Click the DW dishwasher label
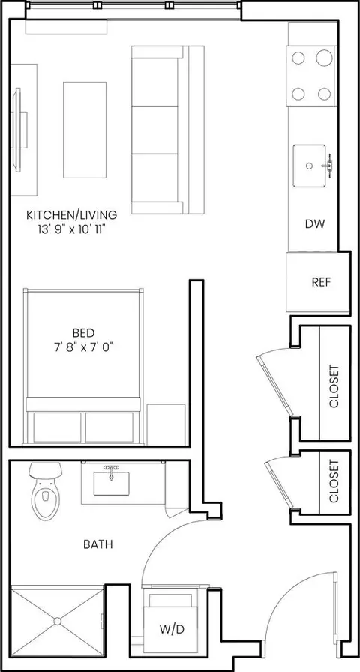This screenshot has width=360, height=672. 315,223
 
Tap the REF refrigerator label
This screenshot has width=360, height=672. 322,282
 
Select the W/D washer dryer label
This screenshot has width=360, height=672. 172,629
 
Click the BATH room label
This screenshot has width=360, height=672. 98,544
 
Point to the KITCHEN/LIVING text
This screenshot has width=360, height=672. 71,214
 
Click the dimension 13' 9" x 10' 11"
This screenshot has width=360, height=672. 71,229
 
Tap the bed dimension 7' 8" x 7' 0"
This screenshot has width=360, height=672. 83,346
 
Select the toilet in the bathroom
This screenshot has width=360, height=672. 45,491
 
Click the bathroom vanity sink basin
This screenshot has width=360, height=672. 112,484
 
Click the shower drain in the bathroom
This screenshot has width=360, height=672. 58,621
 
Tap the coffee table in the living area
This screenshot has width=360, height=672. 85,130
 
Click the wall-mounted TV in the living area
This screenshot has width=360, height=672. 17,130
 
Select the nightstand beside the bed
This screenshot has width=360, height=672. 166,424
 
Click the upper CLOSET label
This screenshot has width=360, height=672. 334,385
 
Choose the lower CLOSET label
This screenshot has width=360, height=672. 334,481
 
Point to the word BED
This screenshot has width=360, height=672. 83,332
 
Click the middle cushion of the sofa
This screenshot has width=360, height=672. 154,130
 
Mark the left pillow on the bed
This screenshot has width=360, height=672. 57,427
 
